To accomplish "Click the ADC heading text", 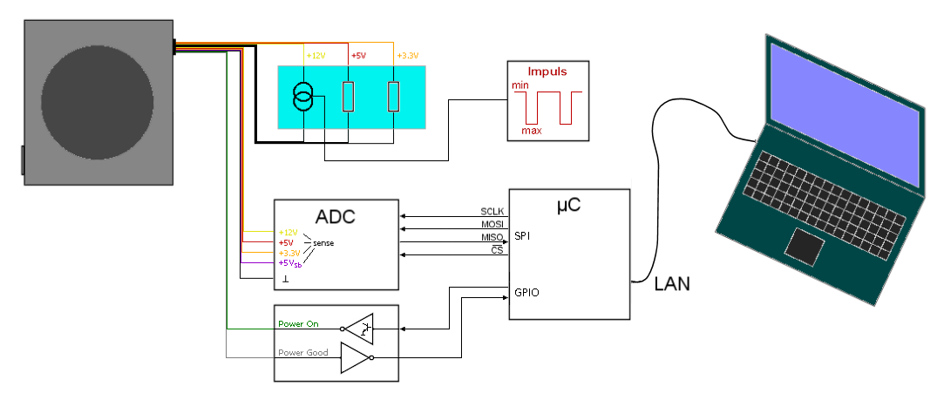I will click(335, 215).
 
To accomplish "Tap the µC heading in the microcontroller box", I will click(568, 206).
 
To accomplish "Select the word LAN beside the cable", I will click(672, 284).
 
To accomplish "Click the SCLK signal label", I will click(492, 212).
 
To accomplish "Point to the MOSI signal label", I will click(492, 225).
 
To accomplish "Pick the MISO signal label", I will click(492, 238).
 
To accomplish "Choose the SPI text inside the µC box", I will click(521, 236).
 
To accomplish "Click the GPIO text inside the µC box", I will click(526, 292).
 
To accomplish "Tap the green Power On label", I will click(298, 324).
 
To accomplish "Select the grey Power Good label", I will click(302, 353).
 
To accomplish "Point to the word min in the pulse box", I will click(520, 85).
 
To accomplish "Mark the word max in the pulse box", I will click(532, 131).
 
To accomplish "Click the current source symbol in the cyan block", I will click(302, 97).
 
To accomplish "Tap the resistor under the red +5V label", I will click(348, 96).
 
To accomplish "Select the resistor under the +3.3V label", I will click(393, 96).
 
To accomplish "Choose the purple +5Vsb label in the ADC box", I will click(289, 264).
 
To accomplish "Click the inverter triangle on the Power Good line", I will click(353, 357).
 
